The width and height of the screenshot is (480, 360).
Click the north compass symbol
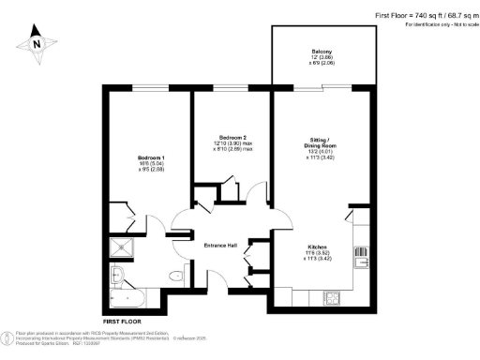(x=36, y=42)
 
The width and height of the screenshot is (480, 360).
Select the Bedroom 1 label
(x=151, y=157)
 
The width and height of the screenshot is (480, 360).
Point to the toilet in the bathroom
(x=176, y=275)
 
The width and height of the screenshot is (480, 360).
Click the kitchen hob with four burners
(x=332, y=298)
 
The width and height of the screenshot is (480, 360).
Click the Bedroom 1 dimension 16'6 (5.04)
(x=151, y=164)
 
